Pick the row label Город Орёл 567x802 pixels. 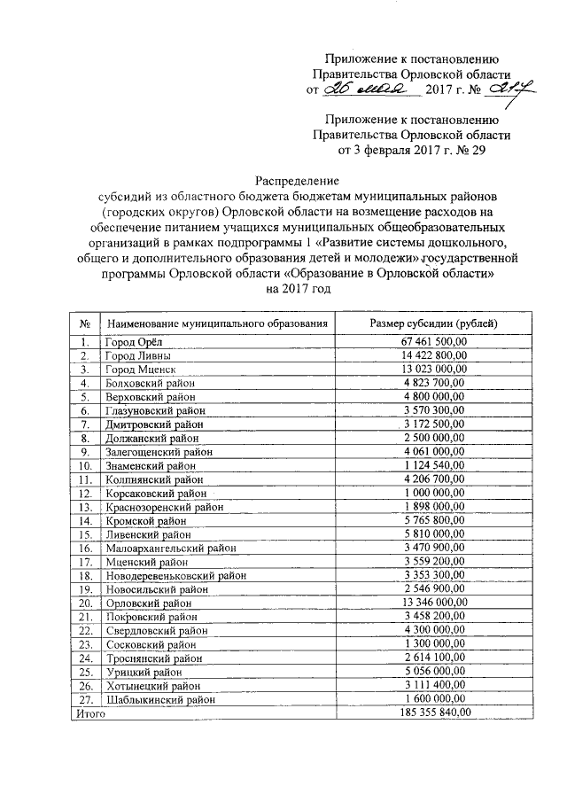point(133,342)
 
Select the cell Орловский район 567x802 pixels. point(148,602)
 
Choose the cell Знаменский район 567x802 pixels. point(151,464)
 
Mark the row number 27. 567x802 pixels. point(86,698)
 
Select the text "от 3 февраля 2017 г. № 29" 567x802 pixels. point(414,150)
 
